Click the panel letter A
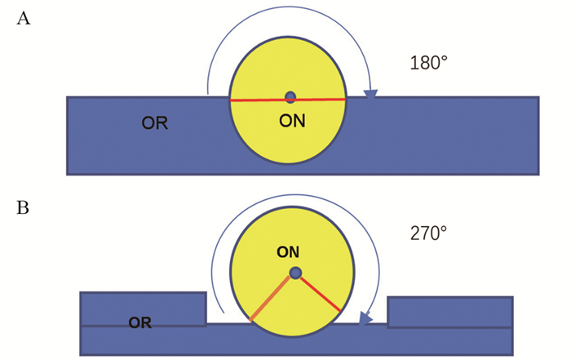point(24,19)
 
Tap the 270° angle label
point(427,233)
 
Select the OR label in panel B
point(143,322)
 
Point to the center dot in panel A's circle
point(290,97)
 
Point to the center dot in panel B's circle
point(295,273)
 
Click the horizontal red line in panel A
point(253,100)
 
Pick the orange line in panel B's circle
point(271,297)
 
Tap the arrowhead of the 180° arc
point(370,96)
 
